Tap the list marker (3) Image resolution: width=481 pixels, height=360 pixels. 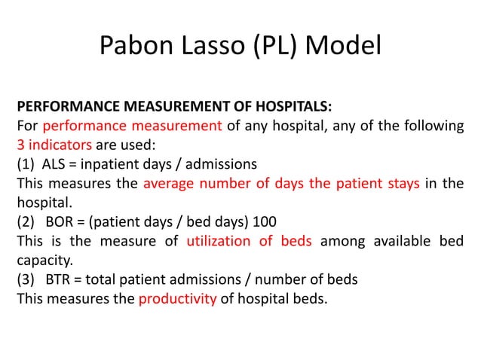click(25, 280)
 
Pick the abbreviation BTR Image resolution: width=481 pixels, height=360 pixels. click(59, 280)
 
